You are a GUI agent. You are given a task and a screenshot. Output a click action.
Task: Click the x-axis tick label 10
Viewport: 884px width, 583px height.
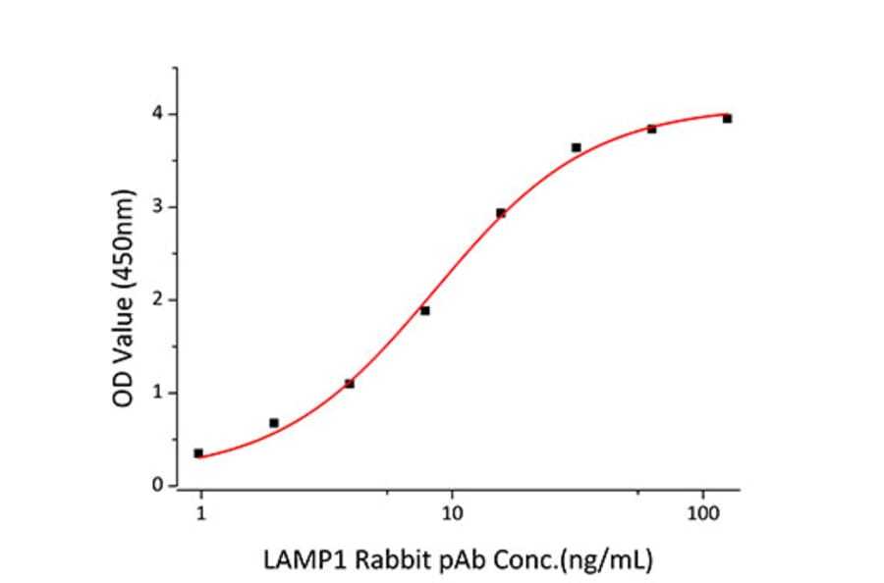(x=452, y=512)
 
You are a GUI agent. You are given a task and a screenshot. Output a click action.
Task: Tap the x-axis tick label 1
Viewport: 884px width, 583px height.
(x=201, y=512)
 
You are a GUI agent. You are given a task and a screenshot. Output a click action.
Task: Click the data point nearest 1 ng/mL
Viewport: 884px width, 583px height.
(x=198, y=453)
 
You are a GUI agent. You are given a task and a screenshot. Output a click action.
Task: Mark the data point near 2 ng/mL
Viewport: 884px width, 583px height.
(x=274, y=423)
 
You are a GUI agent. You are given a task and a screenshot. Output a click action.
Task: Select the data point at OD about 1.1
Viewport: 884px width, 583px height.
(x=350, y=384)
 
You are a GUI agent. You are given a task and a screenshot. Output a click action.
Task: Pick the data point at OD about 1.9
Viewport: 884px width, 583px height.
(x=425, y=311)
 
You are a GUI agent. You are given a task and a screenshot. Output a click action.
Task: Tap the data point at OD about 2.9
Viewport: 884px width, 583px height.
(x=501, y=213)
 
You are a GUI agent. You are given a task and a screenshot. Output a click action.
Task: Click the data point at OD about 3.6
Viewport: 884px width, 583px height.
(x=577, y=147)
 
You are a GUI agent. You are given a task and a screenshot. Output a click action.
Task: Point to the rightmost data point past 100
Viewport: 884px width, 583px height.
(x=728, y=119)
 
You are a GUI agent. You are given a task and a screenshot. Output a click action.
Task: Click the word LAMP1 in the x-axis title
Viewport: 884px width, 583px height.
(x=295, y=561)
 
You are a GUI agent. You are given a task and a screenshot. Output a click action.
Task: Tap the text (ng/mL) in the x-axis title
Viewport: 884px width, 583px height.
(x=614, y=561)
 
